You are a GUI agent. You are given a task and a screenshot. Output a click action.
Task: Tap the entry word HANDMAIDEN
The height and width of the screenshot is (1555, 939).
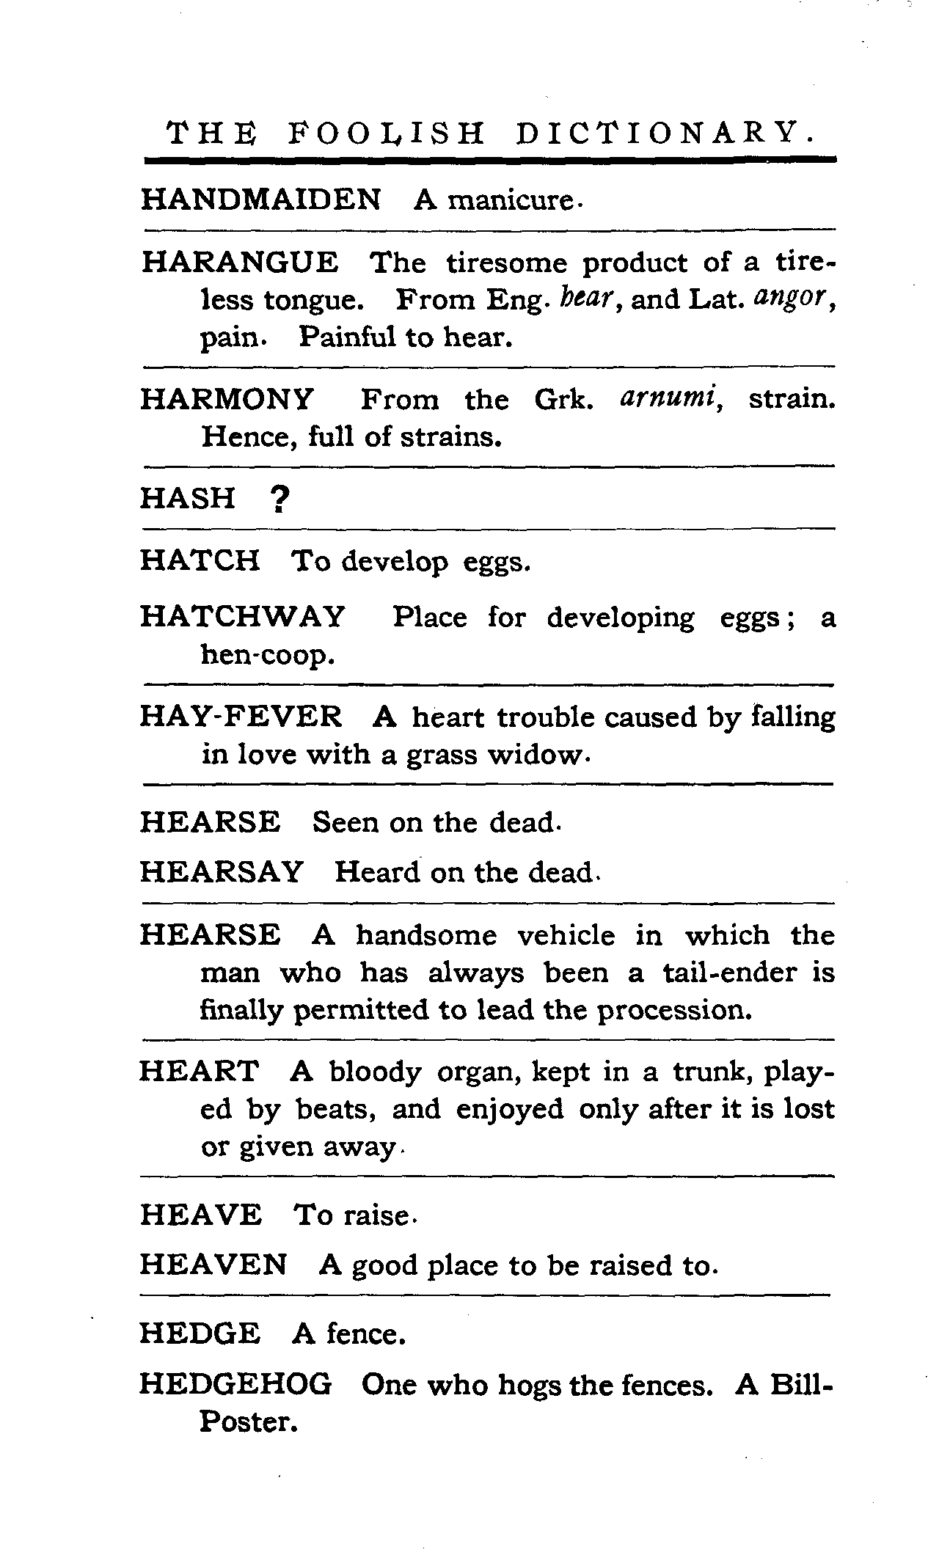point(260,200)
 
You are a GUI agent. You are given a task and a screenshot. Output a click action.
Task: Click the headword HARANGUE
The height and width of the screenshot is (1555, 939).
point(240,262)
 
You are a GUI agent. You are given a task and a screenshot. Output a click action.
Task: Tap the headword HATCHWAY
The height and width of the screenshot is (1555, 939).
point(242,617)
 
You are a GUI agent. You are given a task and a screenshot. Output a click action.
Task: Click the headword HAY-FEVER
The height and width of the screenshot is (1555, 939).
point(241,716)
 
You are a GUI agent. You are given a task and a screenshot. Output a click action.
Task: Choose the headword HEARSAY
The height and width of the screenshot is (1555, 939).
point(221,872)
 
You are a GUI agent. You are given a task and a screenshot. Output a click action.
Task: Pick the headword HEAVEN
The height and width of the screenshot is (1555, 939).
point(213,1265)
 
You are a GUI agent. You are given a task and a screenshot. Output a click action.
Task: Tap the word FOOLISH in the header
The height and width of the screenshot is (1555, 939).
point(385,133)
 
